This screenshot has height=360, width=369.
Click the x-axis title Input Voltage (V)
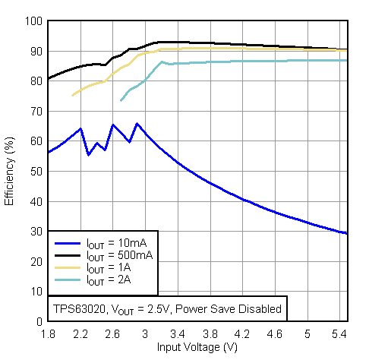tap(197, 347)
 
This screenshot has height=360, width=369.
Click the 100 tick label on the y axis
tap(33, 21)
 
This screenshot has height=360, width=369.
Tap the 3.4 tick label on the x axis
tap(178, 334)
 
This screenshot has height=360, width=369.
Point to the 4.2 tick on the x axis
tap(243, 334)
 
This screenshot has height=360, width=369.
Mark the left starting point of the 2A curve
tap(121, 100)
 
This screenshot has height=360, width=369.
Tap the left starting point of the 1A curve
tap(72, 95)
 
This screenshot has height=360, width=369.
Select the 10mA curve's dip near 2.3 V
tap(89, 155)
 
